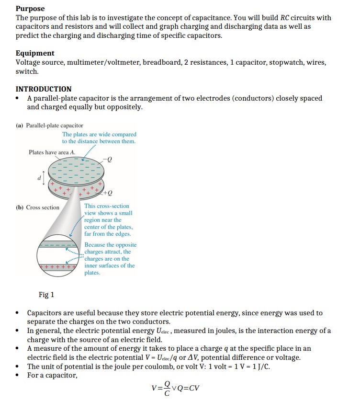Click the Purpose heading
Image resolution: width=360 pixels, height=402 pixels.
click(x=30, y=9)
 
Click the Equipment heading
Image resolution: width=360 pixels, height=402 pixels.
click(x=35, y=53)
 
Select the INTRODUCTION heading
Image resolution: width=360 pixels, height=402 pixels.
click(x=44, y=89)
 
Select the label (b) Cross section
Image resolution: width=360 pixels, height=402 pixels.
click(x=38, y=207)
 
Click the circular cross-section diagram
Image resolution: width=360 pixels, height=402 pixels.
click(x=57, y=257)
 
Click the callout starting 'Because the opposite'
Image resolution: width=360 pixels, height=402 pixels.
click(x=110, y=258)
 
